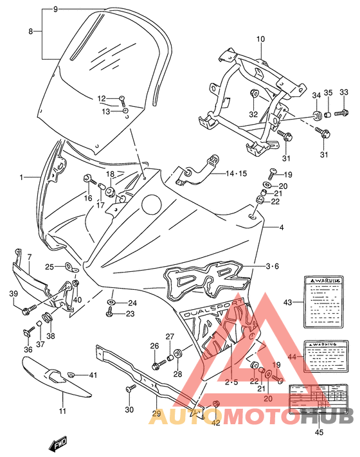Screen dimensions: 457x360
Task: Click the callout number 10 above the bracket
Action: (x=260, y=39)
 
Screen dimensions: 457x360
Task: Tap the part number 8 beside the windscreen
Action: (x=30, y=30)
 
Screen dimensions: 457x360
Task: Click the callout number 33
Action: (x=343, y=94)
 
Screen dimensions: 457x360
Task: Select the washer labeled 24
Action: (x=112, y=302)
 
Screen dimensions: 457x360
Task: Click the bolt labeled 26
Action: (x=157, y=366)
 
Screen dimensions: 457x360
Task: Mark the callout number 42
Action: (x=215, y=422)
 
